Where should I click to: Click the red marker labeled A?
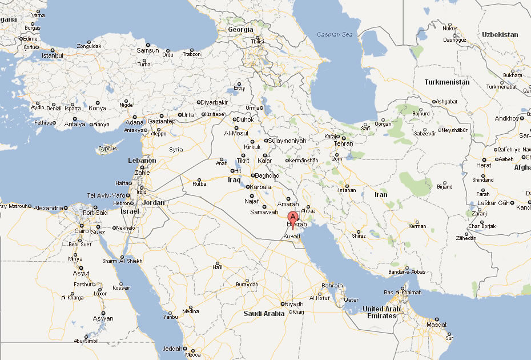point(293,218)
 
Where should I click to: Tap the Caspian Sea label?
point(336,35)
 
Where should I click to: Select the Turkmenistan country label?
point(447,82)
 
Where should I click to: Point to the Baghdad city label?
point(267,175)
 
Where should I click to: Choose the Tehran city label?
point(344,143)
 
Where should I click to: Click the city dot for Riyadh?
point(282,304)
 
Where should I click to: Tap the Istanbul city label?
point(52,55)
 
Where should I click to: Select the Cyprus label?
point(107,149)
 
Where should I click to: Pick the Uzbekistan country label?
point(499,35)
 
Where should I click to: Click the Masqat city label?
point(437,325)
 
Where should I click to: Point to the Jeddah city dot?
point(185,348)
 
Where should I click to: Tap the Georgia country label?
point(240,29)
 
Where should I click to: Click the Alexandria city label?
point(47,209)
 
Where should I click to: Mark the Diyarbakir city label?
point(215,102)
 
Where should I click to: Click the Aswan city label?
point(104,319)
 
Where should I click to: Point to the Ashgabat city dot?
point(433,102)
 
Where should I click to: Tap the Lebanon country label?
point(142,161)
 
